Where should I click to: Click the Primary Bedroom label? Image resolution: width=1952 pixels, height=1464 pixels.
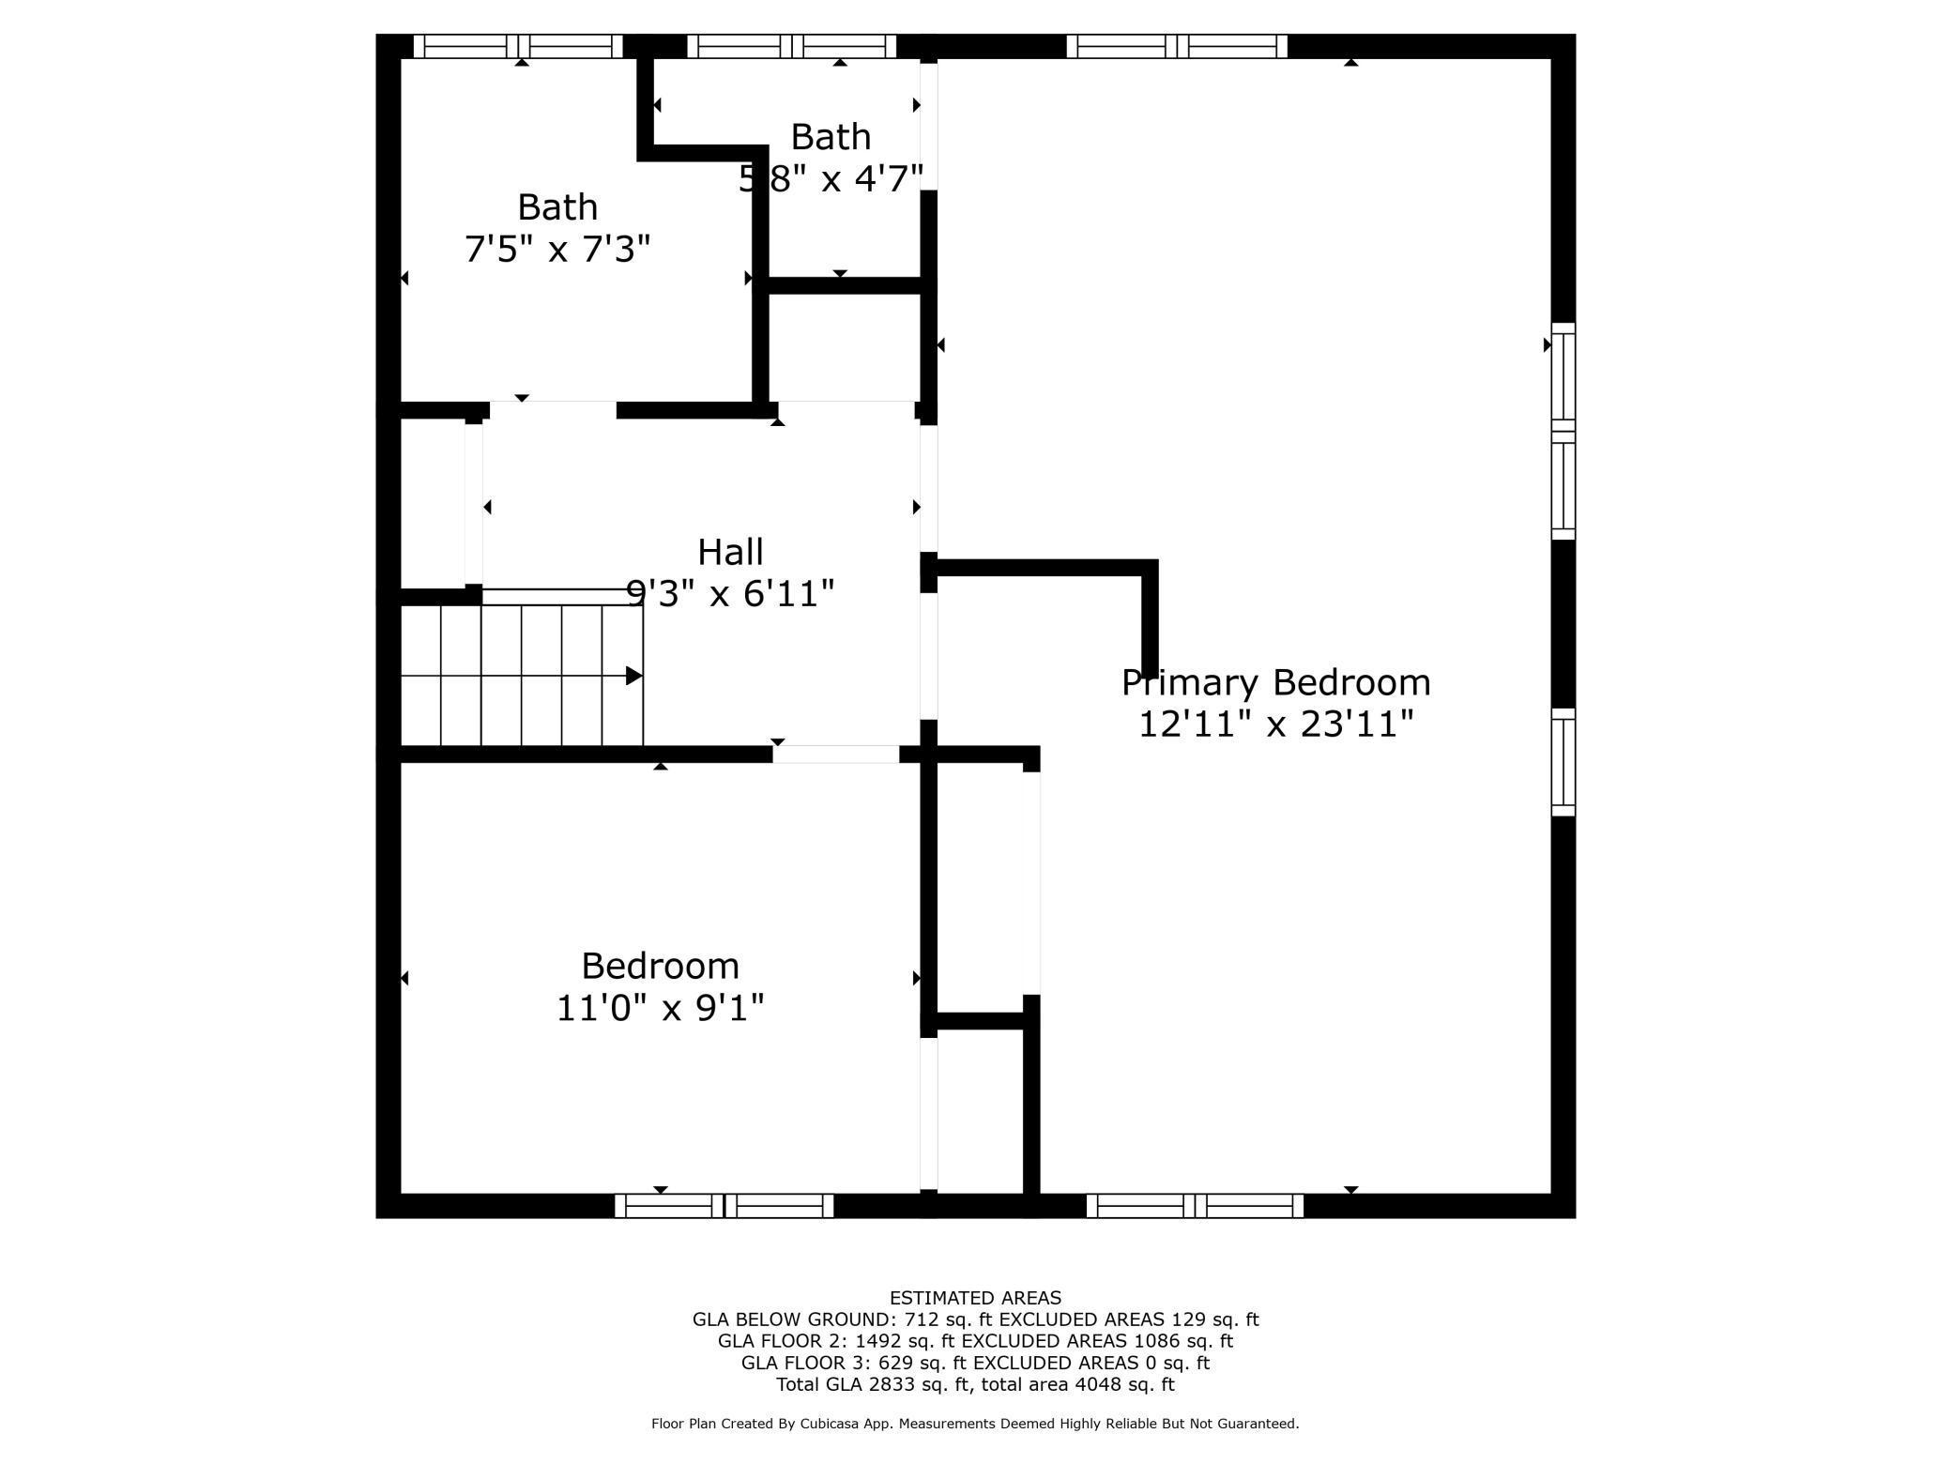1276,683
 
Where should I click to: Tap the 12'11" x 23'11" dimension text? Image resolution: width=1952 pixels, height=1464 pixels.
1276,724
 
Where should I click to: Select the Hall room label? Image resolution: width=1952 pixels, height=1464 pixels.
730,552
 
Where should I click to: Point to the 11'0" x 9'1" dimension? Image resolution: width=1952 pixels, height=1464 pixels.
661,1008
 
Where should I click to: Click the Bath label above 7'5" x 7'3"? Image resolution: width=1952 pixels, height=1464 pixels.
557,206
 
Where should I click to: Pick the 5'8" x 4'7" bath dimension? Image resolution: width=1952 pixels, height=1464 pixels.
831,178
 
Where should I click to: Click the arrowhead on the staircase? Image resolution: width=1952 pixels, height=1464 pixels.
634,676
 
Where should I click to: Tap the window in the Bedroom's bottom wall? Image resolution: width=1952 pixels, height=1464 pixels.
724,1206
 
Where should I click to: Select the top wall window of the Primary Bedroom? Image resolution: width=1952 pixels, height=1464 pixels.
1177,46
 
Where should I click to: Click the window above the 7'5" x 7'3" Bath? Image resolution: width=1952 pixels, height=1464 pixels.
519,46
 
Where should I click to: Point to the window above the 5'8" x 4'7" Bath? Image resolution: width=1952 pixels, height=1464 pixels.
792,46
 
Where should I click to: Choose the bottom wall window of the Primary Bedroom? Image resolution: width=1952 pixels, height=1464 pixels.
1196,1206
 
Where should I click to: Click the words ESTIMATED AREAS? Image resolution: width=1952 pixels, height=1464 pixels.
975,1298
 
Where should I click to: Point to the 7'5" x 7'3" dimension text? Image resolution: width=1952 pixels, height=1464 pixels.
557,250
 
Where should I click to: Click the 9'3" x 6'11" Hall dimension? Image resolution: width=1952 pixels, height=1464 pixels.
730,593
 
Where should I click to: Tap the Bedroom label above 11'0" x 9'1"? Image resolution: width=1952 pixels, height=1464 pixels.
661,966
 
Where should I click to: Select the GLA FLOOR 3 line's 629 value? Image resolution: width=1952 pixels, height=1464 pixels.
893,1363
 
